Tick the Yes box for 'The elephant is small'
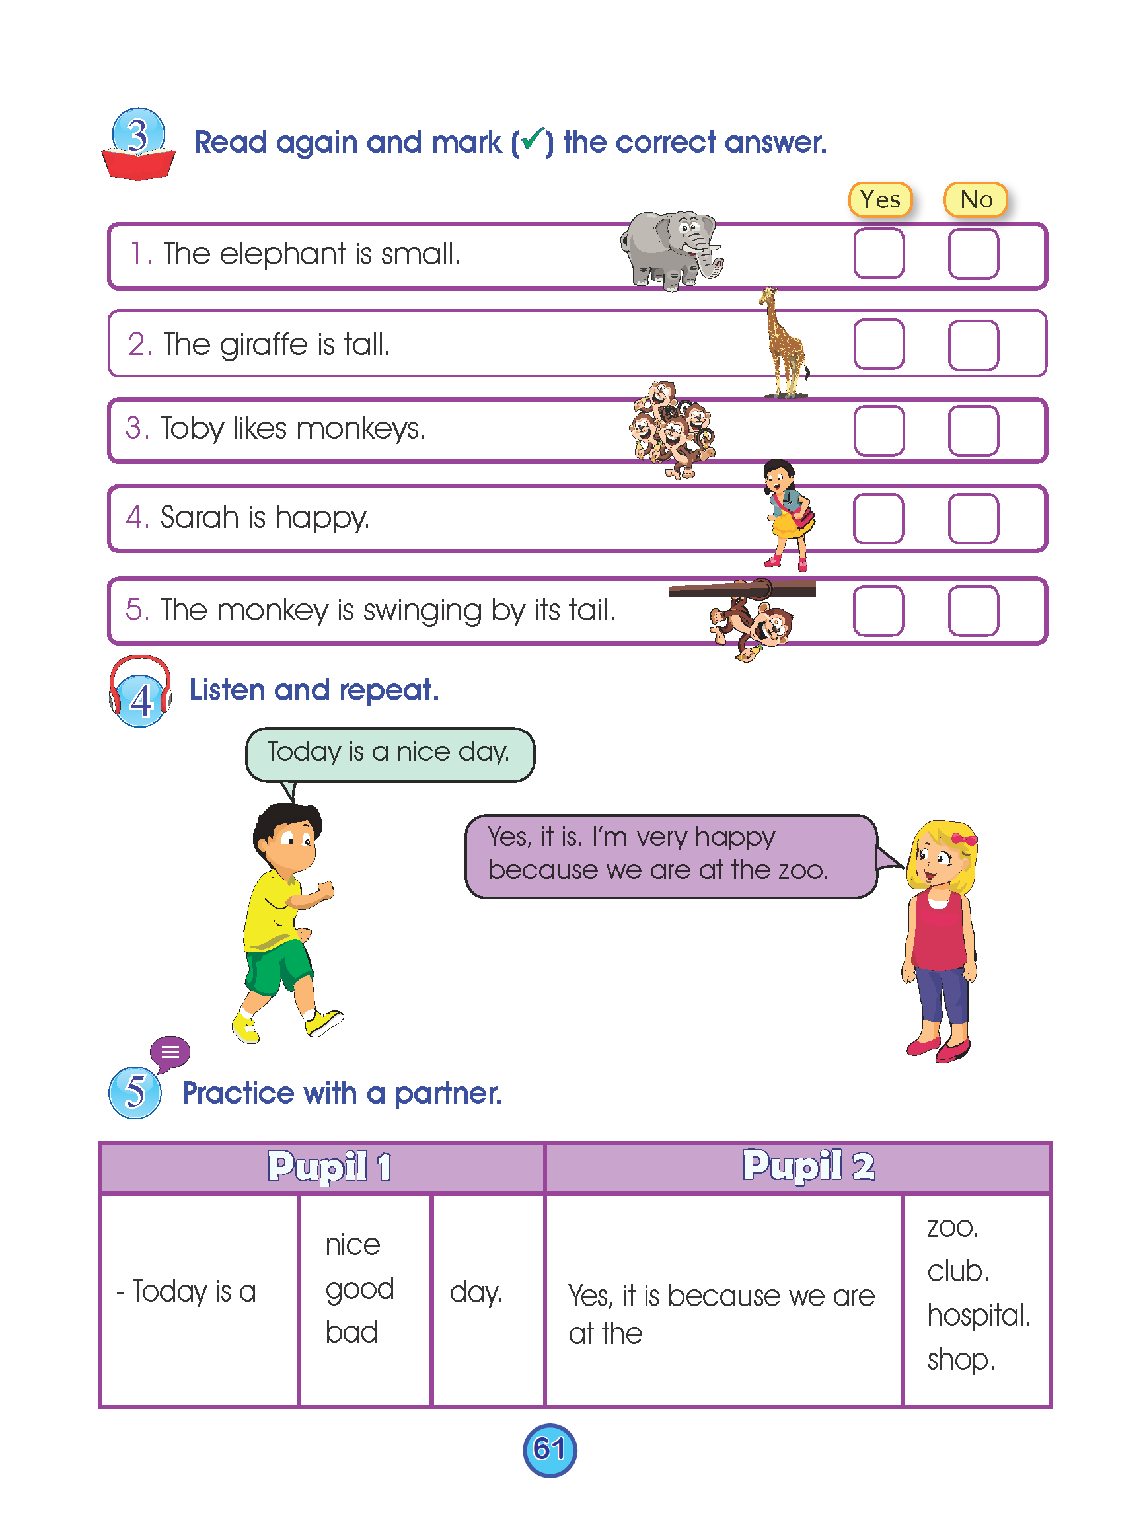[878, 253]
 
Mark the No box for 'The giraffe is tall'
[973, 344]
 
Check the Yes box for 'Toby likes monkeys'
[878, 430]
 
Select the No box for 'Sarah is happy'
[973, 518]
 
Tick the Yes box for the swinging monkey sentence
[878, 611]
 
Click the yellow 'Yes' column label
[879, 200]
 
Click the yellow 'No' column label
[975, 200]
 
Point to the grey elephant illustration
[669, 250]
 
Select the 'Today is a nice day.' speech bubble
[390, 753]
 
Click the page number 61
[549, 1449]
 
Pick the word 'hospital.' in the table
[978, 1314]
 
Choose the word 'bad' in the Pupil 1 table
[351, 1333]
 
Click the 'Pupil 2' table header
[807, 1166]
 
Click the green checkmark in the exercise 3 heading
[533, 140]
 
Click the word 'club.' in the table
[957, 1271]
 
